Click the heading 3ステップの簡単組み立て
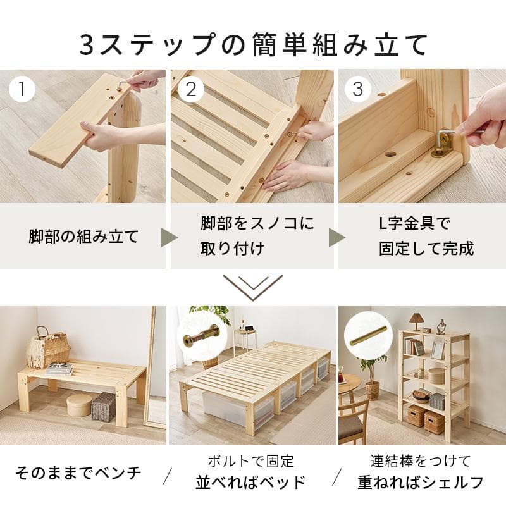point(253,44)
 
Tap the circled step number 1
point(23,89)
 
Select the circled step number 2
point(190,89)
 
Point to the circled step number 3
point(358,89)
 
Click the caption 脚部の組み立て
point(83,237)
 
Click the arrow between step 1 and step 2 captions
point(169,238)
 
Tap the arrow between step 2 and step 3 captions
point(336,238)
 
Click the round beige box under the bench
point(79,405)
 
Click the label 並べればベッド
point(251,482)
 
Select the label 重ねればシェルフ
point(420,482)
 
